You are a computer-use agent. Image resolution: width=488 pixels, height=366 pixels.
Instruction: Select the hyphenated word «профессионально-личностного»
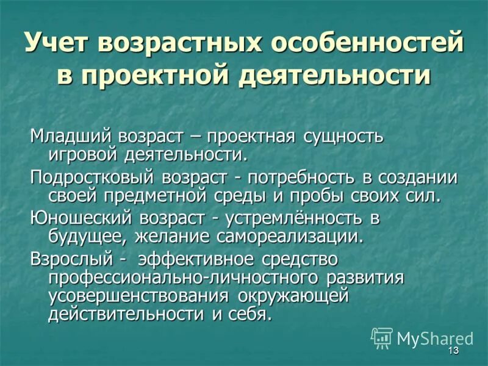coord(184,278)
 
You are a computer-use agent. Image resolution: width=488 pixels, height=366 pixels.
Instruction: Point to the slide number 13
coord(452,351)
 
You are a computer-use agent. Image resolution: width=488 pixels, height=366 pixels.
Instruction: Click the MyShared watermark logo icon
coord(381,337)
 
